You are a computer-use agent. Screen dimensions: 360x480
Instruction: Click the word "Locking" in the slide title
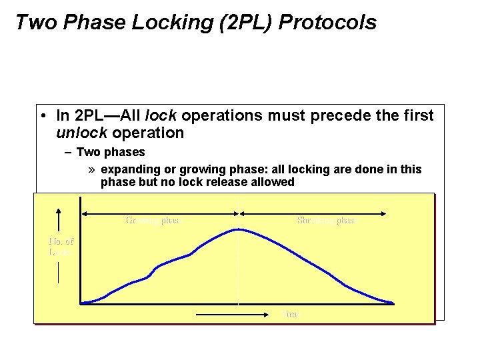point(165,23)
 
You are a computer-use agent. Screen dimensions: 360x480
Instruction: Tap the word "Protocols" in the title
point(327,23)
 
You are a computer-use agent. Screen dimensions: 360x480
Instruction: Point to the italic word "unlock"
point(79,133)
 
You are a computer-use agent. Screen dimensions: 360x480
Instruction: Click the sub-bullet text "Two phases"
point(111,152)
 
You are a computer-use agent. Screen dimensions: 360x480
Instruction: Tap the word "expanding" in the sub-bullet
point(127,169)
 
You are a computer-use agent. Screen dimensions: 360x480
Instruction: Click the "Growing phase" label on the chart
point(153,220)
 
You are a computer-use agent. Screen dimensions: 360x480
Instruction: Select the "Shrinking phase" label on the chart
point(327,220)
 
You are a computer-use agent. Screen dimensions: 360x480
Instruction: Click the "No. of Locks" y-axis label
point(61,247)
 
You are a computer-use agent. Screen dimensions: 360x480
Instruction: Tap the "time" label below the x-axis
point(291,314)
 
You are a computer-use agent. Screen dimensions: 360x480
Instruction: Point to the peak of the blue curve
point(238,229)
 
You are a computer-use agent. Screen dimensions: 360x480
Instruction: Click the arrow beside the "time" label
point(233,313)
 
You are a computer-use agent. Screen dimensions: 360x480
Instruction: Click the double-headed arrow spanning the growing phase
point(160,213)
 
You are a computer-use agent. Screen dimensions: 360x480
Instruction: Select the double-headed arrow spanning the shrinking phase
point(312,213)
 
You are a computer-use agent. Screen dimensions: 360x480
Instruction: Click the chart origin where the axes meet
point(80,304)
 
